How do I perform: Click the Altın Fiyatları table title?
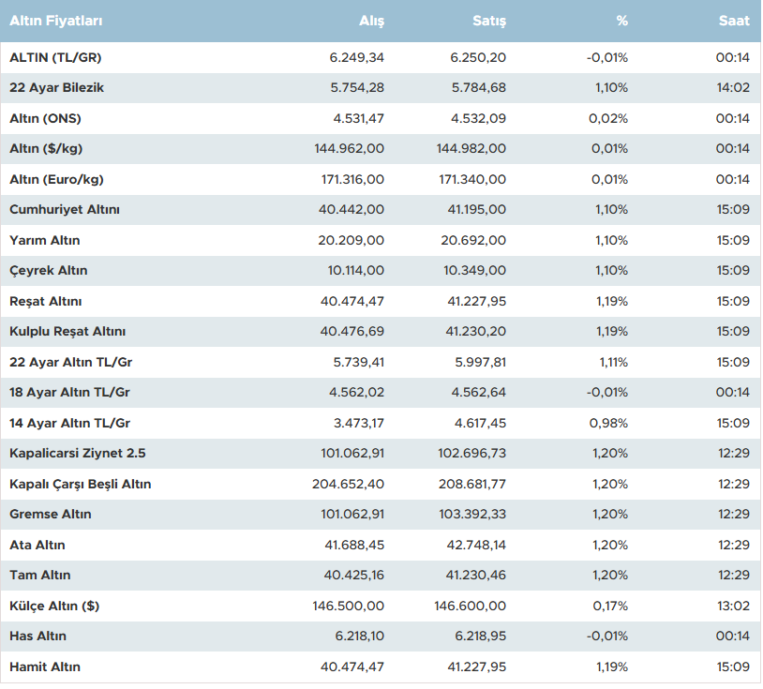point(56,21)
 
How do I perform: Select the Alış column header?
point(371,21)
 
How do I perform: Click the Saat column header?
point(734,21)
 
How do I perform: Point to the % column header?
point(622,21)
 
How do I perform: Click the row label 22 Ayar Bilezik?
point(56,88)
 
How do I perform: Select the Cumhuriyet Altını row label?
point(65,210)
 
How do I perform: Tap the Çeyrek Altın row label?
point(48,271)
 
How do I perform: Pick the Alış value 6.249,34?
point(357,57)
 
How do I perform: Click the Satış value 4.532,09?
point(478,118)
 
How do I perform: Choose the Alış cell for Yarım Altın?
point(352,240)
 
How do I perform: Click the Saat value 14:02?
point(732,88)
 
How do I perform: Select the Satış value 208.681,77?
point(472,484)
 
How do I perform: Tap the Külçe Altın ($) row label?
point(54,606)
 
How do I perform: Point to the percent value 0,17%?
point(610,606)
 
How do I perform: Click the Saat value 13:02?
point(732,606)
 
